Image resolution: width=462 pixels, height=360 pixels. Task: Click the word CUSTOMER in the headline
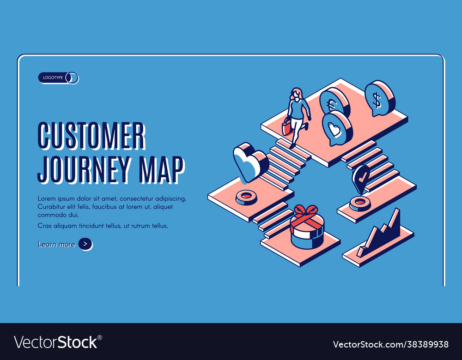91,136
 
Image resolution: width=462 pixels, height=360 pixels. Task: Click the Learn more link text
56,244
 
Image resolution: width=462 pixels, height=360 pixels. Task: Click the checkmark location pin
361,178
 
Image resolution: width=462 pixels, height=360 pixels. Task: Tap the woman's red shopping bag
287,126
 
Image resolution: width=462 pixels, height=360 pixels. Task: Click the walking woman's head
296,94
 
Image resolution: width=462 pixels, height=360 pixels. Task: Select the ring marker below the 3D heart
246,197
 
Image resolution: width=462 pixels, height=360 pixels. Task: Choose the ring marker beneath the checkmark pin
360,202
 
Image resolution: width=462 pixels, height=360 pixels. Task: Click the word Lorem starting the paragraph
47,198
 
